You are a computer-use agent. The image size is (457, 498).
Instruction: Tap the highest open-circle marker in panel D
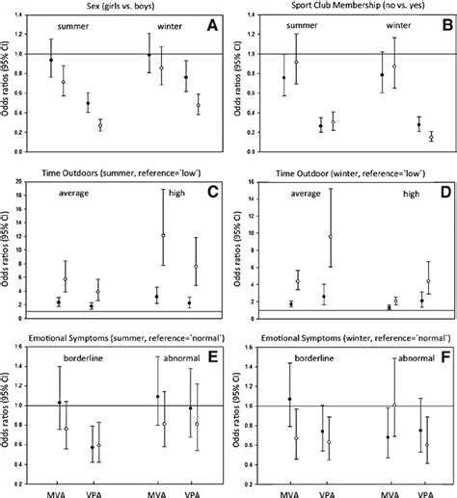331,236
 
